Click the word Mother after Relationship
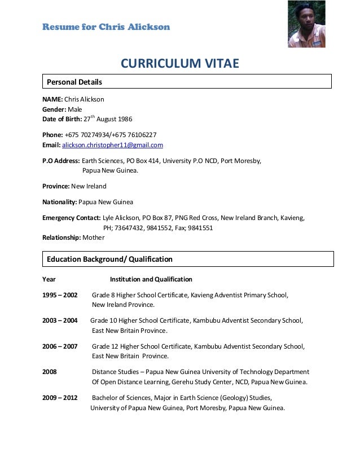point(94,238)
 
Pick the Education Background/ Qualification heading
point(109,260)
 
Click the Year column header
point(49,279)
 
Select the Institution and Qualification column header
point(151,279)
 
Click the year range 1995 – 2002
point(60,295)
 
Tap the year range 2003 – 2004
point(60,320)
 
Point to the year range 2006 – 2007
point(60,346)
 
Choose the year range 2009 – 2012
point(60,398)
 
